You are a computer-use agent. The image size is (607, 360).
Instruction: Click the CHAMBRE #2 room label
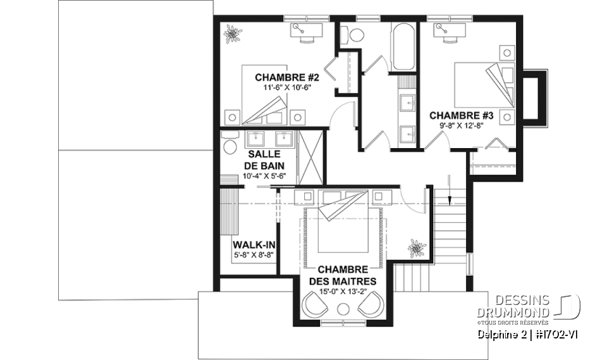point(278,78)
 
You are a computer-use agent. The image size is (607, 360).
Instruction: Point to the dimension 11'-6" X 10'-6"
point(278,88)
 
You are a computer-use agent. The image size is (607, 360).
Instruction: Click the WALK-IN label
point(248,245)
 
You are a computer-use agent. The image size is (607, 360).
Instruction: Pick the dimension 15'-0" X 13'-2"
point(343,292)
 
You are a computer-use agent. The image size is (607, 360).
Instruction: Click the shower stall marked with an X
point(310,156)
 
